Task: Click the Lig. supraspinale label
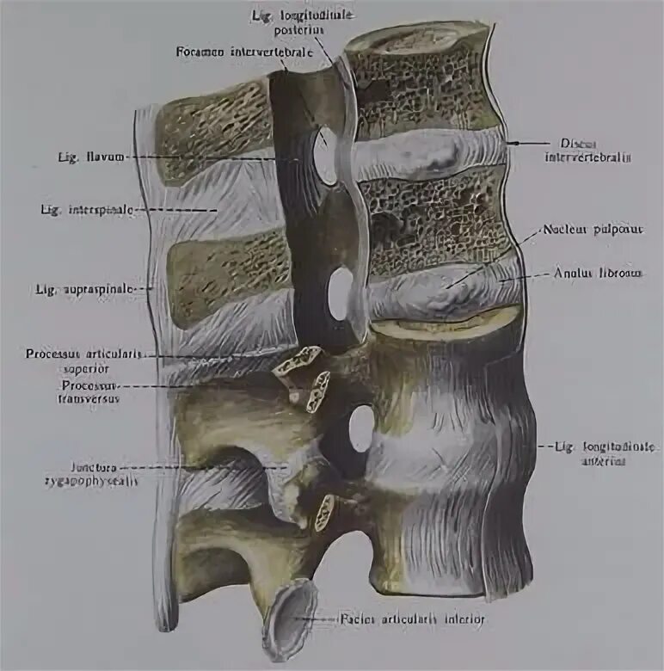point(84,290)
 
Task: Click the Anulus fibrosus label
point(599,274)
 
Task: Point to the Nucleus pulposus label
point(586,231)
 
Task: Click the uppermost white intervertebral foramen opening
point(325,155)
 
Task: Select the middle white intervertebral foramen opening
point(341,293)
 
